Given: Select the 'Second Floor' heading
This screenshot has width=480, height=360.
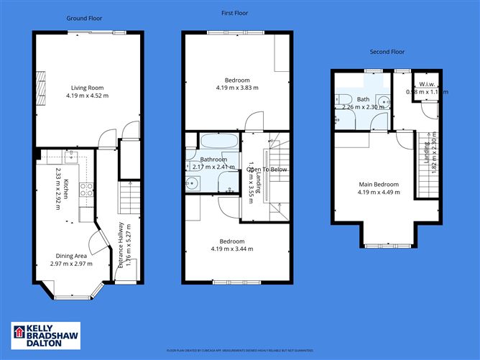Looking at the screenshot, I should [388, 52].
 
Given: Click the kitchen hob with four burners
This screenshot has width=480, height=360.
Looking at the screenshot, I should [86, 190].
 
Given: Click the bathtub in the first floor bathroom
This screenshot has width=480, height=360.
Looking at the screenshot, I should [213, 141].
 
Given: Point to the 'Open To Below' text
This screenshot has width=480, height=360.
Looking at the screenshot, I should [267, 170].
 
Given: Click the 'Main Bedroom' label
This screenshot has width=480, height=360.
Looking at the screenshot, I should [379, 185].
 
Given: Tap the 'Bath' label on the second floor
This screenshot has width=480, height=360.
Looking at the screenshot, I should [354, 98].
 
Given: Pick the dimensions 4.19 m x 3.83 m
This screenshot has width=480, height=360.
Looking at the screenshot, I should [236, 88].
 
